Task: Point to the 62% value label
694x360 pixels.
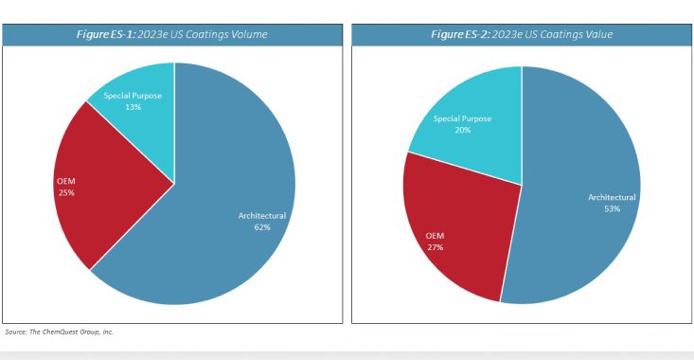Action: tap(261, 227)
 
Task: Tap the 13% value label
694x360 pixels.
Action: tap(133, 107)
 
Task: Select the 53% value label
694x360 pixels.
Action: tap(611, 208)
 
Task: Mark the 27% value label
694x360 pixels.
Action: tap(436, 247)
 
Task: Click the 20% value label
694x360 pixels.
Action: tap(462, 130)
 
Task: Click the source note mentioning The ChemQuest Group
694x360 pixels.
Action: tap(59, 332)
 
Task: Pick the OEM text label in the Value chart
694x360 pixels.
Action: tap(436, 236)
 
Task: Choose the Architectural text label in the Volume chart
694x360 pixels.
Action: tap(261, 216)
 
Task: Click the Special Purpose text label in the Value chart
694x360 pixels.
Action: tap(462, 118)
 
